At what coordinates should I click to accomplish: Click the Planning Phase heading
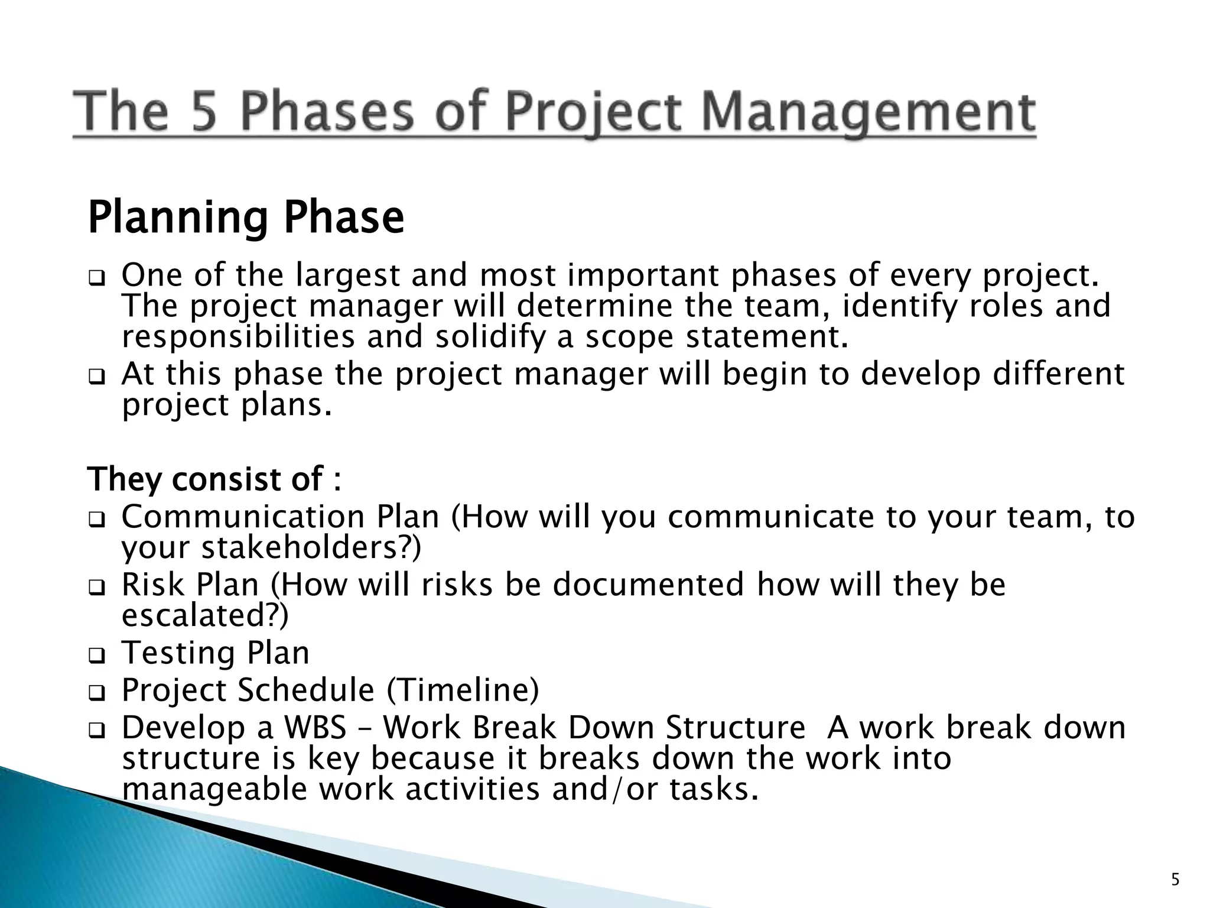(246, 218)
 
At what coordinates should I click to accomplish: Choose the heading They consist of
(214, 479)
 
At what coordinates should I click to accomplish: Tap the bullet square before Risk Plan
(96, 588)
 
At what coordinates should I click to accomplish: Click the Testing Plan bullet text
(216, 653)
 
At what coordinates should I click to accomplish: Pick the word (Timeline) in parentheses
(463, 690)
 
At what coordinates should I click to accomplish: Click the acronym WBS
(315, 728)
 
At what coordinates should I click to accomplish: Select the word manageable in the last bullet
(215, 790)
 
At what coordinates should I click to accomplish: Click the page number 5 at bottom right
(1175, 880)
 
